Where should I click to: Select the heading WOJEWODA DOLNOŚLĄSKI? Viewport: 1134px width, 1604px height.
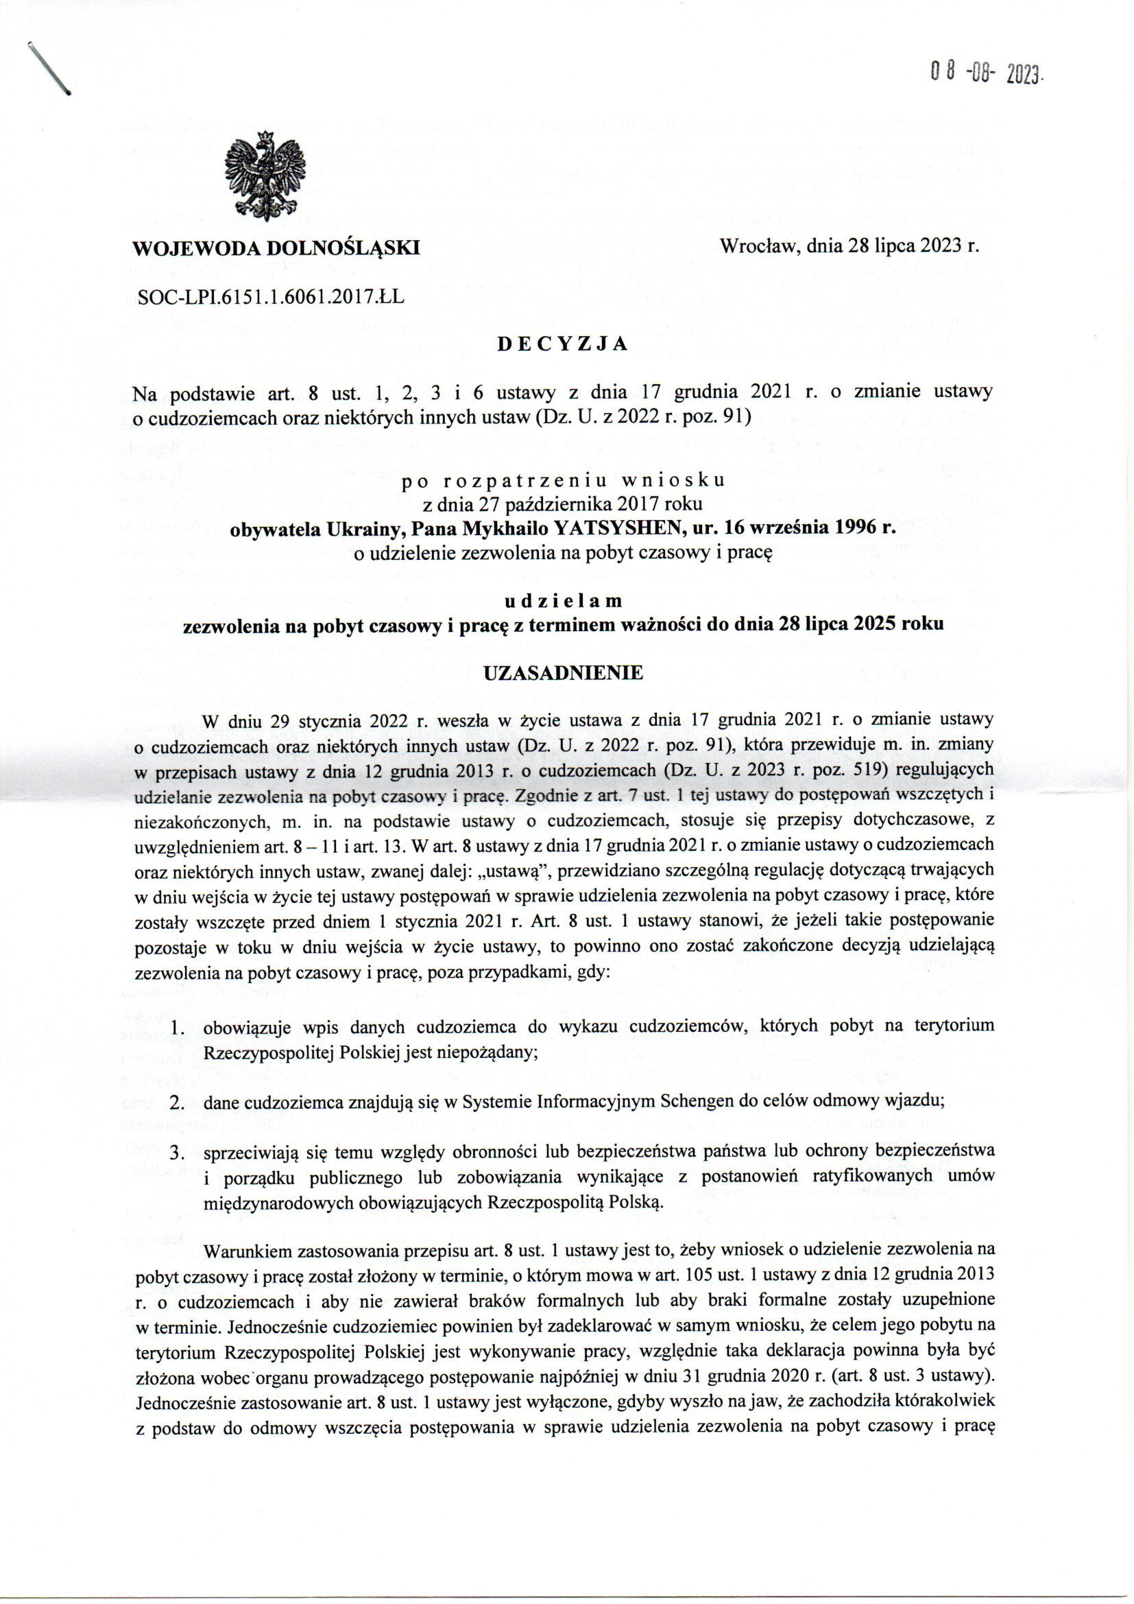click(x=276, y=247)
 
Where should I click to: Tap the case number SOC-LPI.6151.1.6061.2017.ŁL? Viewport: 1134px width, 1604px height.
click(x=272, y=297)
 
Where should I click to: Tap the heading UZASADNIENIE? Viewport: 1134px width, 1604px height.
click(x=563, y=673)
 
